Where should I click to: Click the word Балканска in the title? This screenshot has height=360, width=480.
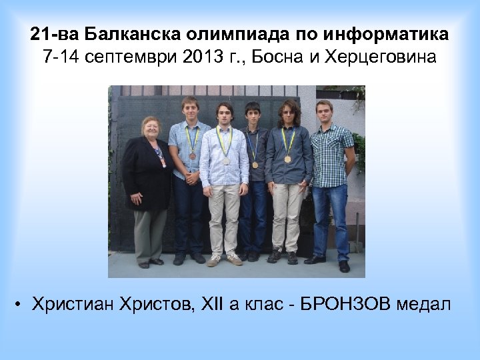(x=127, y=33)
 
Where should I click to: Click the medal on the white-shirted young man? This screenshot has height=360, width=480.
(x=225, y=161)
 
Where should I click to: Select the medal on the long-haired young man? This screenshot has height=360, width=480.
(x=287, y=159)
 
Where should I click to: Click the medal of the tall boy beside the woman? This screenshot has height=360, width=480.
(x=191, y=155)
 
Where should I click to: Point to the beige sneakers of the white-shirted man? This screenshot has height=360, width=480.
(x=224, y=260)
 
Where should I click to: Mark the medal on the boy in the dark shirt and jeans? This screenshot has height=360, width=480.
(x=254, y=164)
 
